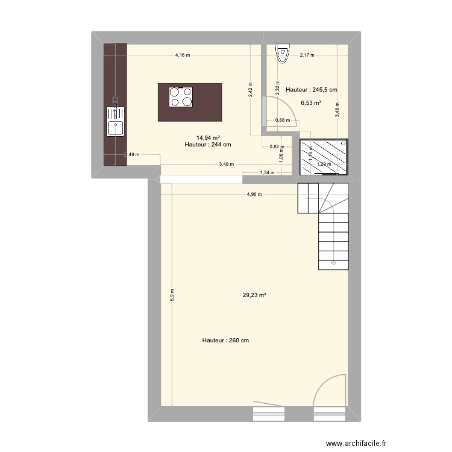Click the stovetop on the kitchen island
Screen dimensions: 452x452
pos(181,96)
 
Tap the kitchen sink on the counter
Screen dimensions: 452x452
pos(115,120)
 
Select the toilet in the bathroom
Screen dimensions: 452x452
pos(282,54)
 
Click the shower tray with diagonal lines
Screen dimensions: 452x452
pos(324,156)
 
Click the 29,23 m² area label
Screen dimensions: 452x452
pos(254,295)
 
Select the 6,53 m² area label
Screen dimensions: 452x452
pos(311,103)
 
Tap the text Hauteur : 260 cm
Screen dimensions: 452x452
pos(226,341)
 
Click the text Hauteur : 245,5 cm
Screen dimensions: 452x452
pos(312,90)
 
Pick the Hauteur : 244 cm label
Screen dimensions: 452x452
pos(209,145)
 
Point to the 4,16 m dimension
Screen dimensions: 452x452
pos(182,55)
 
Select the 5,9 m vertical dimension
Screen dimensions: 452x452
pos(172,293)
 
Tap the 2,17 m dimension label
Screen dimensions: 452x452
pos(307,55)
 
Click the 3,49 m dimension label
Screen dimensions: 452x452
pos(227,163)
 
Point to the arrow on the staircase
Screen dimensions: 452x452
pos(333,263)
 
